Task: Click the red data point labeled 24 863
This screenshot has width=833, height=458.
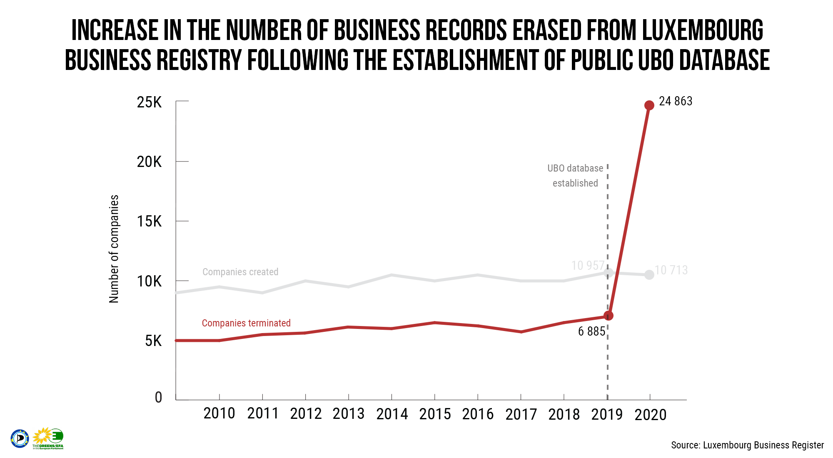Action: (x=649, y=105)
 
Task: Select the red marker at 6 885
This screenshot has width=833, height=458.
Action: (x=608, y=316)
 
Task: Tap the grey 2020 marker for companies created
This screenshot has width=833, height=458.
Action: (x=649, y=275)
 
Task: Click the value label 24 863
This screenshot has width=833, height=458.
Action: (x=676, y=101)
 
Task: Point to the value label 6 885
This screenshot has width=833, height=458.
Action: (x=591, y=331)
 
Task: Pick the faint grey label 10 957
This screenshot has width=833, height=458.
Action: (x=587, y=266)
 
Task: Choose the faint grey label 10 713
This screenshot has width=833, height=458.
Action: (x=671, y=270)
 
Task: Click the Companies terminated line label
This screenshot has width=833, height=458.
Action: (x=246, y=323)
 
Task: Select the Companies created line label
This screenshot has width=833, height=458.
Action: (x=240, y=272)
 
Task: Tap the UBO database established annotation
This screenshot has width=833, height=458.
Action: (x=575, y=176)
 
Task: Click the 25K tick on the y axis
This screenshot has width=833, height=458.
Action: (x=149, y=102)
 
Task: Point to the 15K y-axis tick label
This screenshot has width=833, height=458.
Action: (x=149, y=222)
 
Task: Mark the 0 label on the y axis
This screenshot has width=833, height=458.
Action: (x=158, y=397)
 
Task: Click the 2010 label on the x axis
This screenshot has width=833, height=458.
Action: (x=219, y=413)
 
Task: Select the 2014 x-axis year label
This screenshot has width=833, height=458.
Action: (x=392, y=414)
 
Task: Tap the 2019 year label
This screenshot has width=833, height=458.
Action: (x=607, y=415)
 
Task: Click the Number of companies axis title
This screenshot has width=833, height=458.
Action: (x=114, y=249)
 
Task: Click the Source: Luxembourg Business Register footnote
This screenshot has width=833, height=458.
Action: (x=747, y=445)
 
